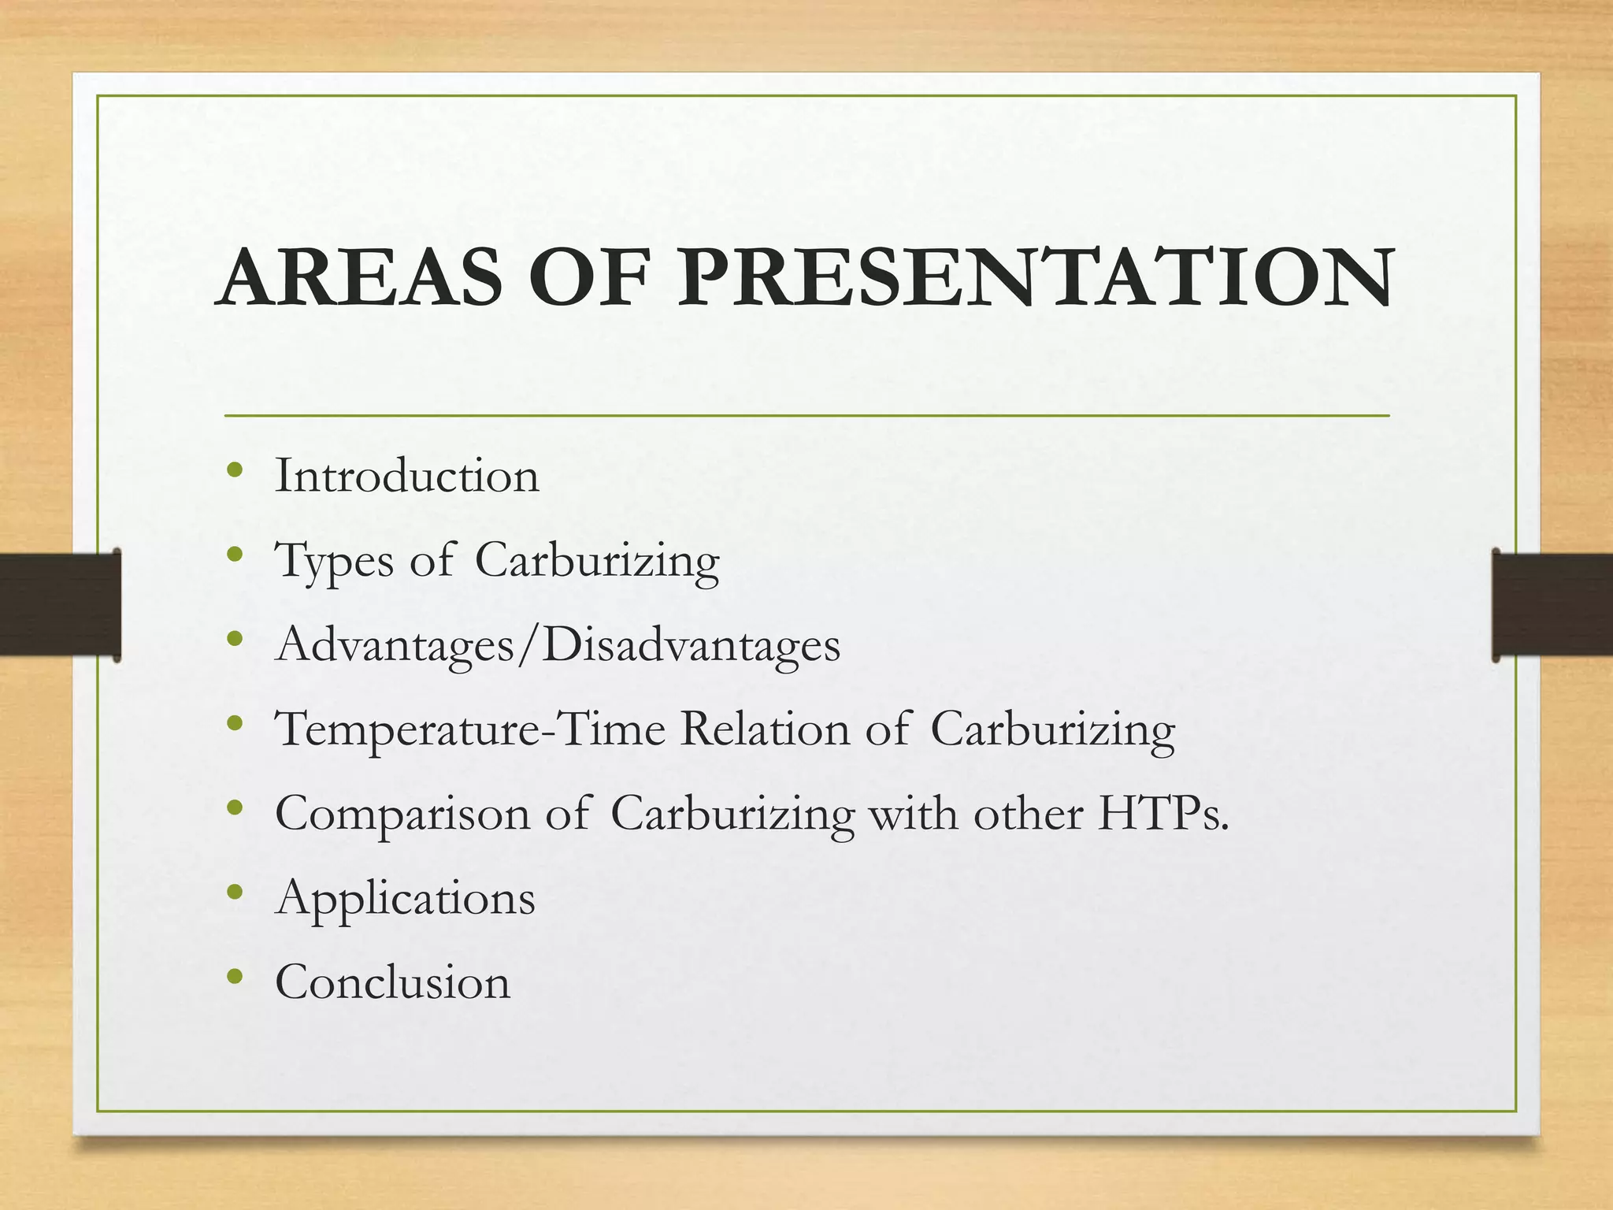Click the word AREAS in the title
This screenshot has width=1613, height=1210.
click(359, 277)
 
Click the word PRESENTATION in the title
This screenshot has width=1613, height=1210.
click(1036, 277)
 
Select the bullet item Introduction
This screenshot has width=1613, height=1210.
click(406, 476)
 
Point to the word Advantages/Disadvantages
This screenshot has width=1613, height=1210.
click(558, 645)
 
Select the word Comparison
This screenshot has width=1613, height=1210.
click(402, 814)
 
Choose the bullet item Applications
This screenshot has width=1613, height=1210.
click(405, 898)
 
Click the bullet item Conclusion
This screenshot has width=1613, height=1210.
click(392, 982)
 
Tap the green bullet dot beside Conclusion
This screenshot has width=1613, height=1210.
click(235, 978)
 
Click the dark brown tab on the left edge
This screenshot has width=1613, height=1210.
click(60, 604)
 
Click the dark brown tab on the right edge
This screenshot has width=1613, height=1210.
click(1552, 604)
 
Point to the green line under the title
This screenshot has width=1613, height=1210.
click(806, 415)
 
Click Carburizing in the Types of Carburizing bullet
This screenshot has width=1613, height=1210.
click(597, 561)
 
